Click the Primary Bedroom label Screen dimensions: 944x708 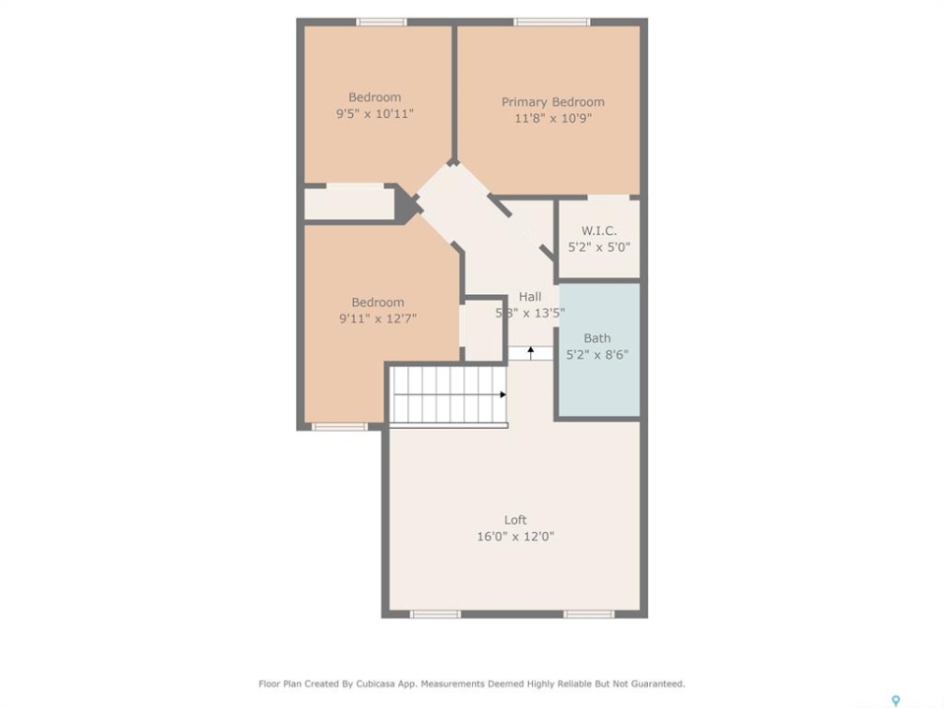pos(553,102)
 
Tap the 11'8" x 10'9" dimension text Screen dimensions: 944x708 pos(553,118)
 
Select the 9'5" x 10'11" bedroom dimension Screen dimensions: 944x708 pos(375,113)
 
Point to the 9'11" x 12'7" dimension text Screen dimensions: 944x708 pos(378,319)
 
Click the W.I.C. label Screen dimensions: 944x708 pos(599,230)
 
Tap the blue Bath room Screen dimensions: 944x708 pos(600,350)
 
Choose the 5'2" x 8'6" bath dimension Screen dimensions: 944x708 pos(597,355)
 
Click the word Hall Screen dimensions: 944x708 pos(530,297)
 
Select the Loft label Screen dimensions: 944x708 pos(515,520)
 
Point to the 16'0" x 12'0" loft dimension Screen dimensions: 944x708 pos(515,537)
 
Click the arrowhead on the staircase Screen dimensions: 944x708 pos(502,395)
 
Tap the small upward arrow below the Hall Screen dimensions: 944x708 pos(530,353)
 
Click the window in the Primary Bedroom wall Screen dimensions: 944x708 pos(552,23)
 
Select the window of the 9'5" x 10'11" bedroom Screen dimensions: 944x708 pos(382,23)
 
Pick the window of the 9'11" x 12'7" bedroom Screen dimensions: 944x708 pos(339,427)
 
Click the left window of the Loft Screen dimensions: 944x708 pos(435,614)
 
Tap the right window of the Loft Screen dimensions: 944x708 pos(589,614)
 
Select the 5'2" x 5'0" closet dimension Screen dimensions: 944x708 pos(599,247)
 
